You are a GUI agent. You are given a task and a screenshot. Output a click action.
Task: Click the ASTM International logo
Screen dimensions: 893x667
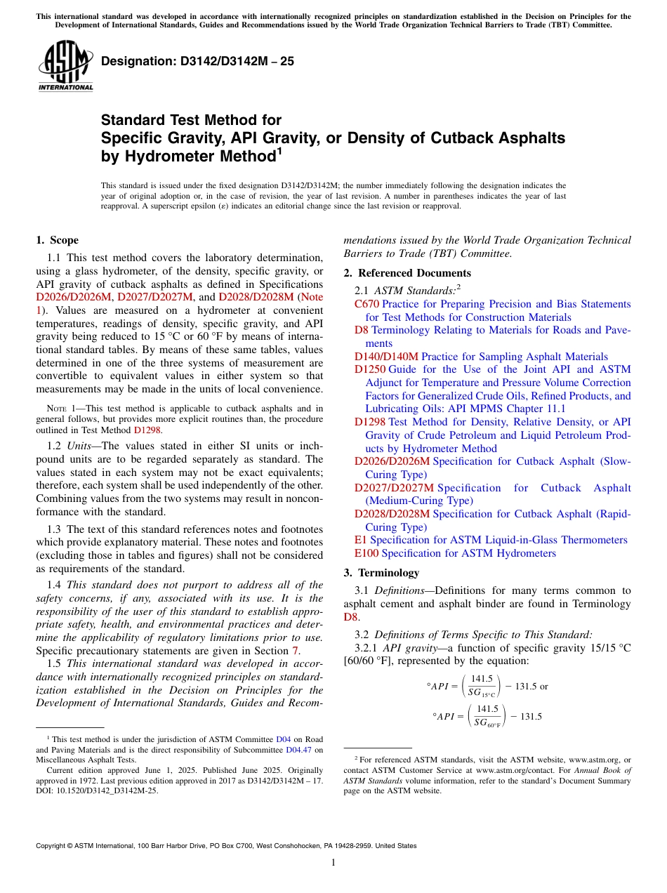tap(65, 67)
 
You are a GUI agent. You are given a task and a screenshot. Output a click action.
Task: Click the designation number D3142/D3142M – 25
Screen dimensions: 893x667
tap(197, 61)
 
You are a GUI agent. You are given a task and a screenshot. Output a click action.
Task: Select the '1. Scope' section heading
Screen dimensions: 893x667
tap(57, 240)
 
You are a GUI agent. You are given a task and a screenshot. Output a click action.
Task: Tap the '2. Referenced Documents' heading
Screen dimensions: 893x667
tap(407, 273)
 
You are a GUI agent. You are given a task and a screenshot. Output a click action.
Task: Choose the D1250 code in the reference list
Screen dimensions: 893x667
tap(369, 369)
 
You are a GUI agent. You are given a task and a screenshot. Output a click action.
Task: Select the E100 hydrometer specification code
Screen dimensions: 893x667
tap(366, 553)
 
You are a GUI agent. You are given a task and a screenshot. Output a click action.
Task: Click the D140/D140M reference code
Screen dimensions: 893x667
tap(386, 357)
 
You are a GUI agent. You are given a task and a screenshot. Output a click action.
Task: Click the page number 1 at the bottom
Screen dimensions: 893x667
tap(333, 863)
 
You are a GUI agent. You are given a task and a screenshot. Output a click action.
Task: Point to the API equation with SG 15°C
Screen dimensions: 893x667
tap(487, 687)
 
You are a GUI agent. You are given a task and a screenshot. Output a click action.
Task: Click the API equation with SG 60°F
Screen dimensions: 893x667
tap(487, 716)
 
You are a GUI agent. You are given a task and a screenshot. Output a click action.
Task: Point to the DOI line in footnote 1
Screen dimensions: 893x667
tap(97, 790)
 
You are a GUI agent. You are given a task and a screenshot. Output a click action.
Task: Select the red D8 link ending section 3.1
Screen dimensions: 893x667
tap(350, 617)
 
